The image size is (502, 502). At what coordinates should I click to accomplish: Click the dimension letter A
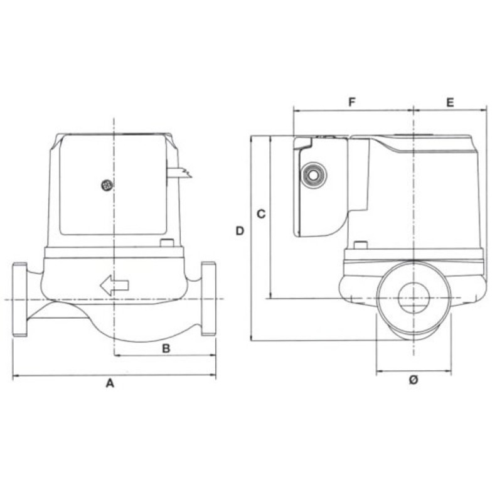coord(110,383)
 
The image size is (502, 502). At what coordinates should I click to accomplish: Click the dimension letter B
coord(166,349)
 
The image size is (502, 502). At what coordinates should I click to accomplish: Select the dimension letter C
coord(261,214)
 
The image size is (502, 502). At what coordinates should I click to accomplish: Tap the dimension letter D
coord(240,231)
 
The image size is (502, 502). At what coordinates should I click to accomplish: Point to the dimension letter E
coord(450,103)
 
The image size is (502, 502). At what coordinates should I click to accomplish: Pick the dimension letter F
coord(352,102)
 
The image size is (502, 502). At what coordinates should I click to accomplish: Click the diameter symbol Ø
coord(414,380)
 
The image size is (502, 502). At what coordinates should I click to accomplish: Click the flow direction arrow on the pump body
coord(115,285)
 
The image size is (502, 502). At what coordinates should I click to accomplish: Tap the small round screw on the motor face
coord(106,185)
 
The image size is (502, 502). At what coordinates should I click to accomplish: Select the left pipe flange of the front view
coord(19,299)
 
